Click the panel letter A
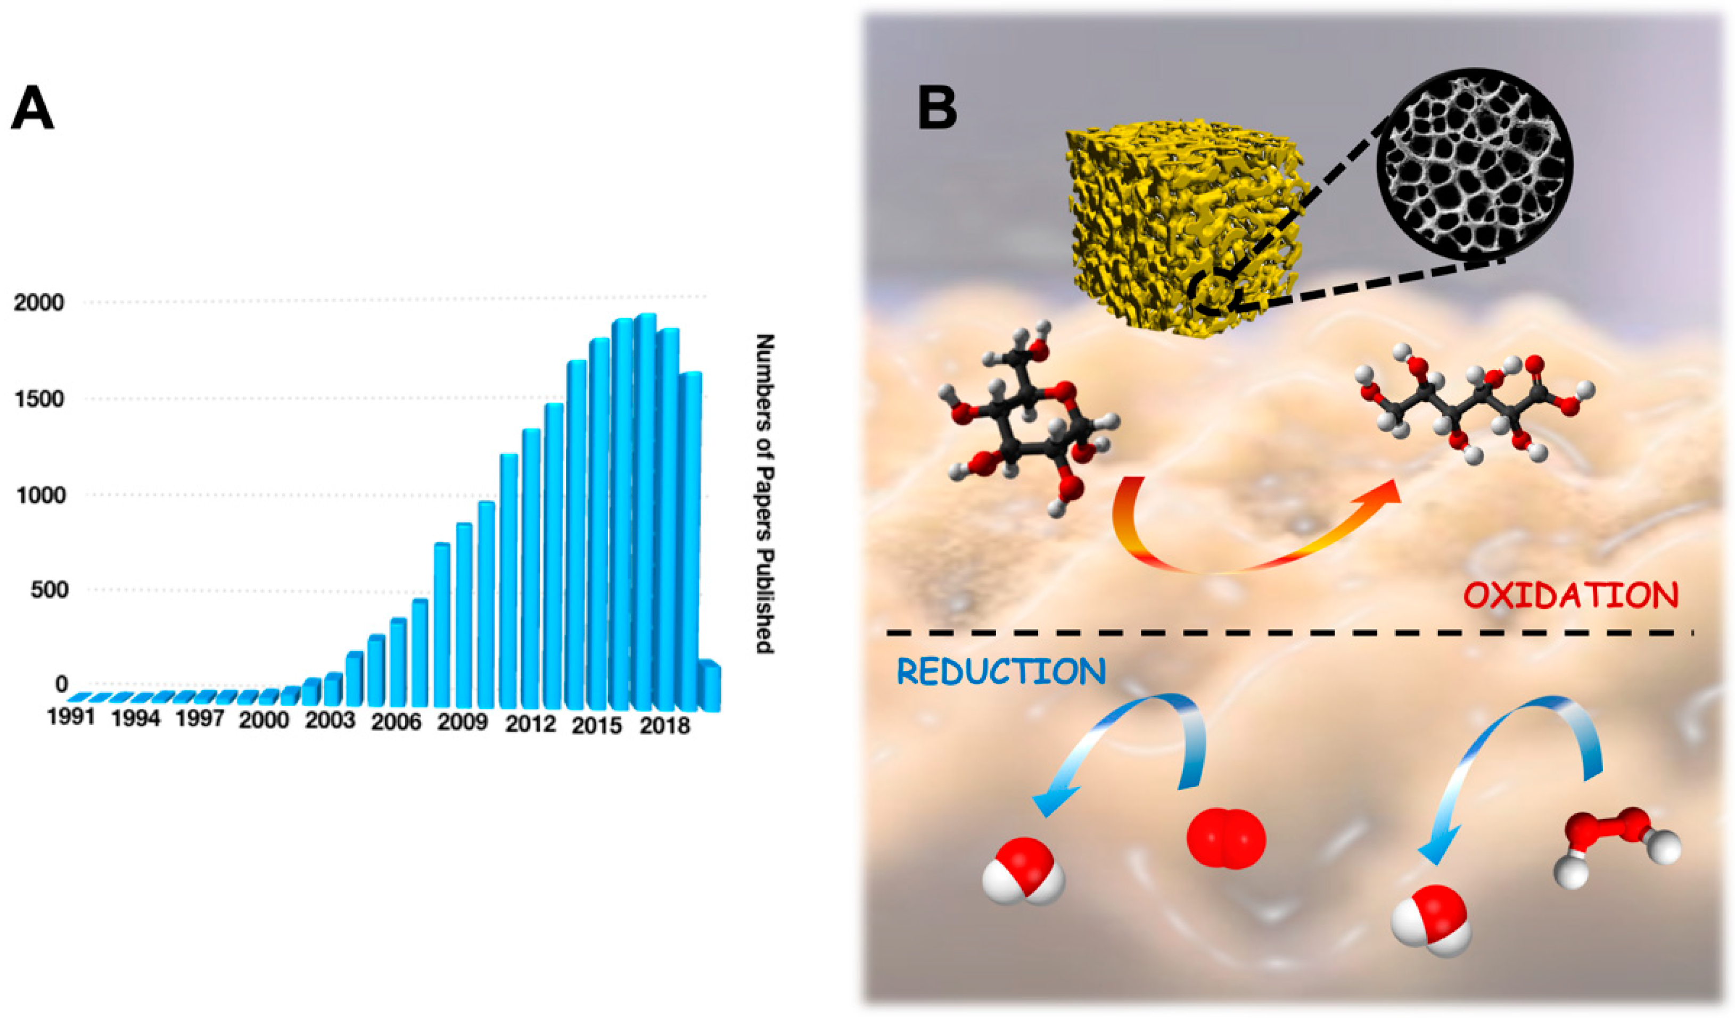(x=32, y=109)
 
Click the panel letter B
(x=937, y=109)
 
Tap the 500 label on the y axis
(x=49, y=589)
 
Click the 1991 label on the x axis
(x=70, y=717)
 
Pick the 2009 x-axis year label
(x=462, y=723)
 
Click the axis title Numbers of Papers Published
(x=764, y=493)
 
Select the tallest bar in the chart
(x=645, y=513)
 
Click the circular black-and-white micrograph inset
(x=1474, y=165)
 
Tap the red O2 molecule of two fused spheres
(x=1226, y=838)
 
